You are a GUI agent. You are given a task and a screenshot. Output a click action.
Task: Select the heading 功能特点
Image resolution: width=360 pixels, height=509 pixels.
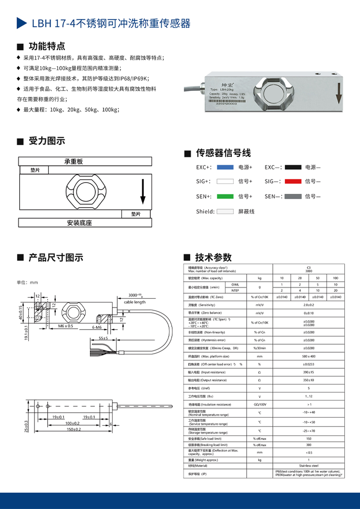tap(47, 46)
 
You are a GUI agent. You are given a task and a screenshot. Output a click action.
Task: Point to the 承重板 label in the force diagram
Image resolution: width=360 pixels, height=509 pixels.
tap(74, 161)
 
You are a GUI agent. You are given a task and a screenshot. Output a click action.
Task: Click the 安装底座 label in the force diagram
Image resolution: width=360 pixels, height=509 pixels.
tap(79, 223)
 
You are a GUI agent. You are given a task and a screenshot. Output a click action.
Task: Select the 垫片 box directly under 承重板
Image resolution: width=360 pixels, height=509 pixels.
tap(35, 170)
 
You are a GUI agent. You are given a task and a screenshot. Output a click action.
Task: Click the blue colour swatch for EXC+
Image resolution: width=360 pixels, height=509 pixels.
tap(225, 167)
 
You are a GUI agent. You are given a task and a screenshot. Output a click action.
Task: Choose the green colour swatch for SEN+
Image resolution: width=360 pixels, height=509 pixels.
tap(225, 196)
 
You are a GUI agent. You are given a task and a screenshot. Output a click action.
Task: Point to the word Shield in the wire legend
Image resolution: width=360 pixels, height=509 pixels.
tap(205, 211)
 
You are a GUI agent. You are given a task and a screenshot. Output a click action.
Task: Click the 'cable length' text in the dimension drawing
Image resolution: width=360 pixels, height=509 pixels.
tap(135, 302)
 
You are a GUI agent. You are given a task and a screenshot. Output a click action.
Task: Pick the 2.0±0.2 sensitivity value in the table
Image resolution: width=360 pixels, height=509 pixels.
tap(309, 304)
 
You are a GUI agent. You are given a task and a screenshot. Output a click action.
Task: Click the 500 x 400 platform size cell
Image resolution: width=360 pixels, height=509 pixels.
tap(309, 356)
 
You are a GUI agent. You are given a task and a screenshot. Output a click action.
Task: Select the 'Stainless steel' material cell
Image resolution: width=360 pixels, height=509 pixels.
tap(309, 466)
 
